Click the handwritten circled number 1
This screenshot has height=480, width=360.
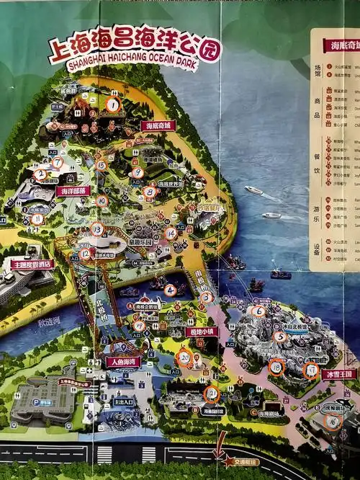[x=113, y=104]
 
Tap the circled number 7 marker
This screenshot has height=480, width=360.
[x=57, y=164]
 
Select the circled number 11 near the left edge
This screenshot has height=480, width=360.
[x=37, y=218]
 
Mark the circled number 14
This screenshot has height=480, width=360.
[x=171, y=234]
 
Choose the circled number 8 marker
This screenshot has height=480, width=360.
[x=150, y=192]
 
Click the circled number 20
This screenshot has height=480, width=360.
[x=184, y=357]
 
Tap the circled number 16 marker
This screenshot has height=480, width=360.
[x=333, y=422]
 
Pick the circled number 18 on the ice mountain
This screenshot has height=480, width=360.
[x=276, y=367]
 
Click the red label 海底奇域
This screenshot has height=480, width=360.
[x=158, y=125]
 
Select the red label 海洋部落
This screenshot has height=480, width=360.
[x=73, y=191]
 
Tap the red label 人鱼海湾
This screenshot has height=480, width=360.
[x=123, y=361]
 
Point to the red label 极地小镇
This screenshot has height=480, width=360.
[x=202, y=332]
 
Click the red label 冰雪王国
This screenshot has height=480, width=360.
[x=338, y=374]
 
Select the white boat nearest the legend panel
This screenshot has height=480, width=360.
[x=271, y=215]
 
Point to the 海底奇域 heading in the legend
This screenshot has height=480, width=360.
[x=339, y=45]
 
